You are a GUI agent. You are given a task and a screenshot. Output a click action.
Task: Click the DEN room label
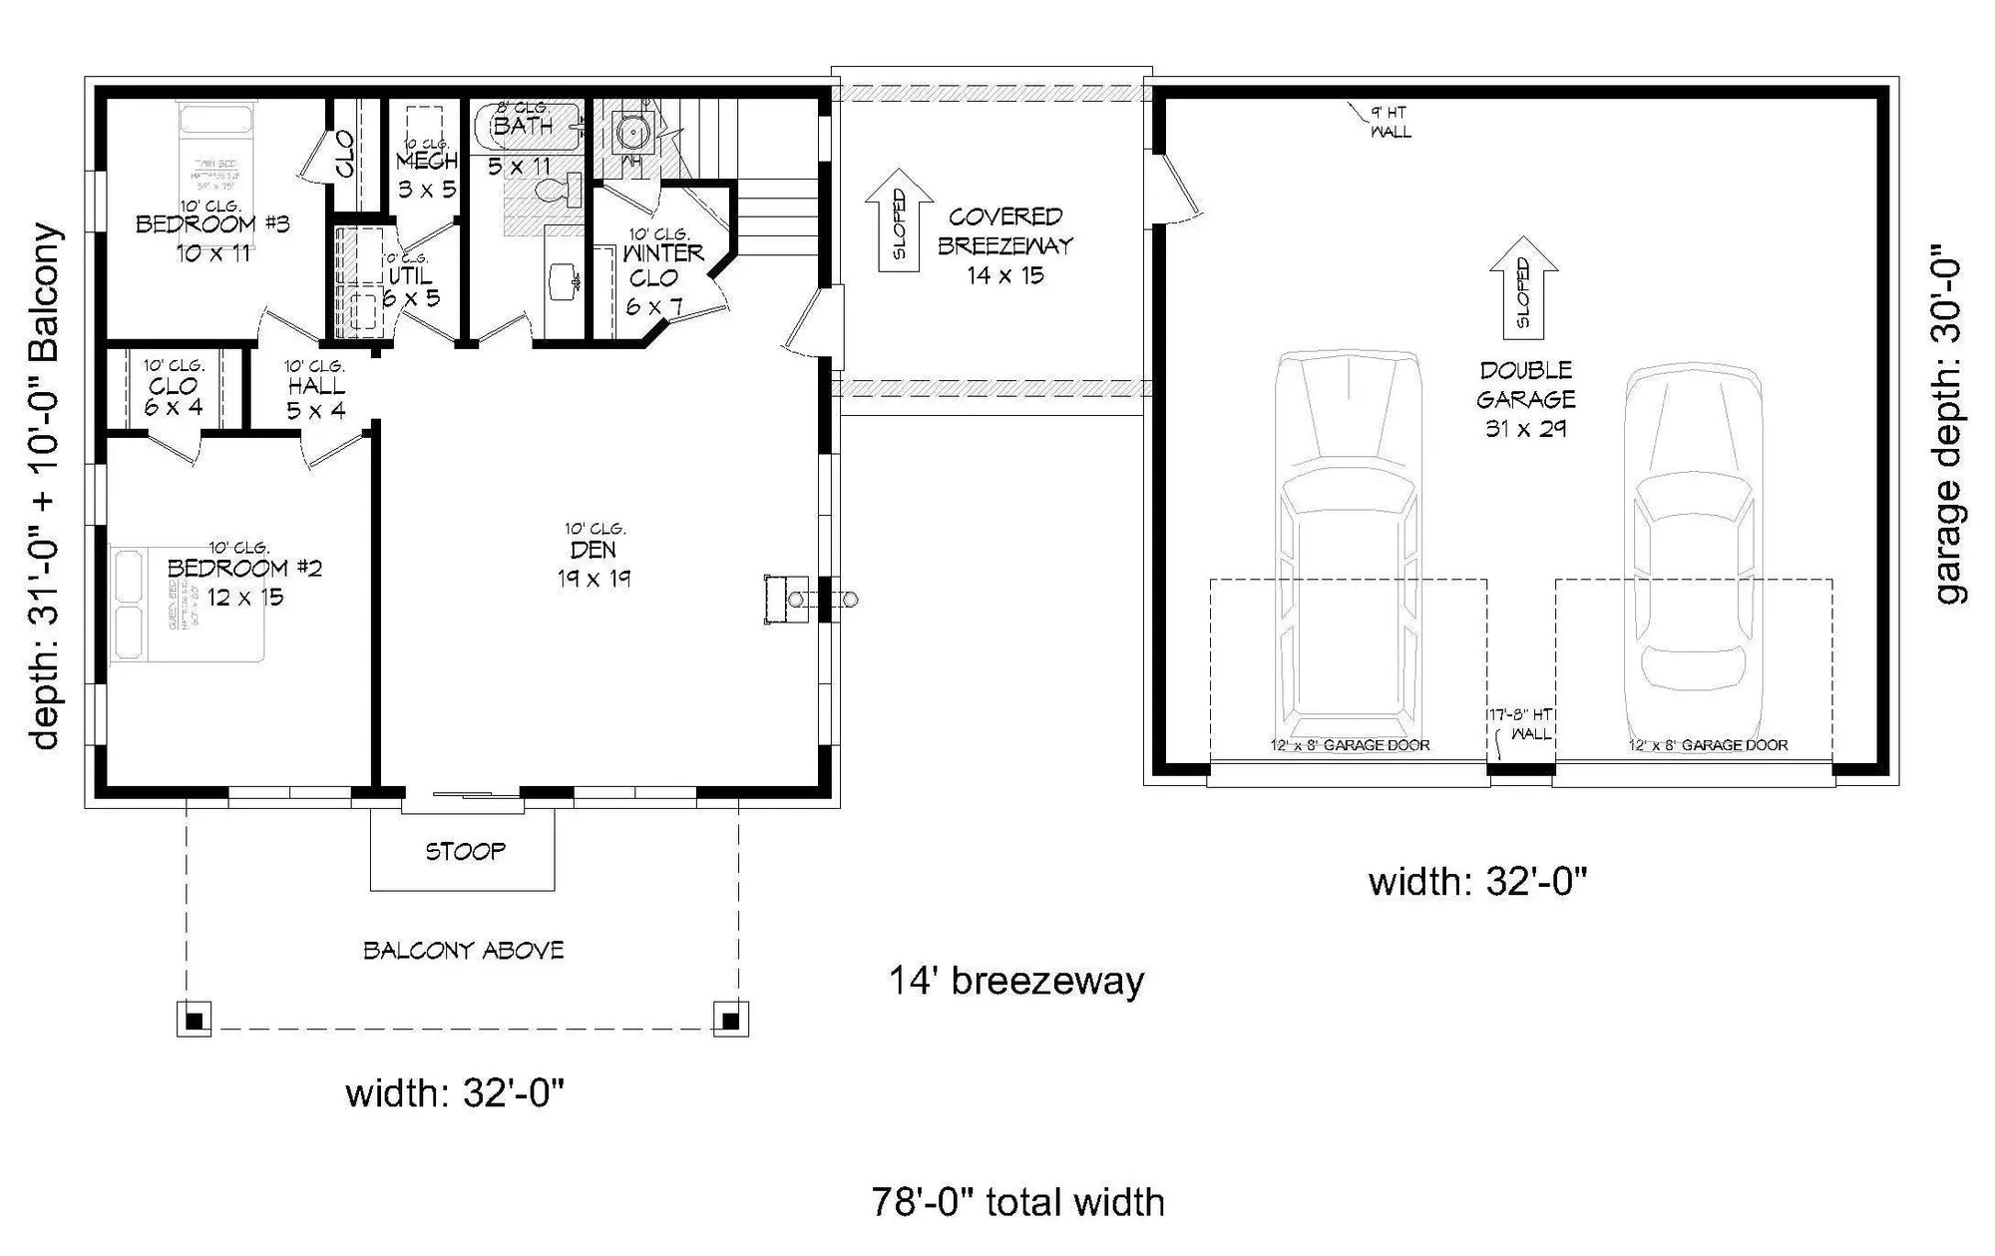[594, 551]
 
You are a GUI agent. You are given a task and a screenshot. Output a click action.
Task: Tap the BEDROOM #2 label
[244, 569]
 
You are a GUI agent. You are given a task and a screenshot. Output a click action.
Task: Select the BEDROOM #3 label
[212, 224]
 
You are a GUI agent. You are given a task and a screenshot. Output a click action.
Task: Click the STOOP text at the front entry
[465, 852]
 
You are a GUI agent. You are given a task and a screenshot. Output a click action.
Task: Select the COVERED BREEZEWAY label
[1005, 231]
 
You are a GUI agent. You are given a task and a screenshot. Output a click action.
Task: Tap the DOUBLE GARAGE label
[1526, 385]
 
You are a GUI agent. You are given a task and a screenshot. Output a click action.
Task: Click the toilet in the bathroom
[559, 190]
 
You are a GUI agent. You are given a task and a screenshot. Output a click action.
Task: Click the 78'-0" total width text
[1017, 1203]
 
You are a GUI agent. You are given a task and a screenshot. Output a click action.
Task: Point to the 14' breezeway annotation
[1016, 982]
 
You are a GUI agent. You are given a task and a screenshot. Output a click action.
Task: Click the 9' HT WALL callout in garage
[1390, 122]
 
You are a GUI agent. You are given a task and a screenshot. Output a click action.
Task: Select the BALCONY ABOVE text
[464, 951]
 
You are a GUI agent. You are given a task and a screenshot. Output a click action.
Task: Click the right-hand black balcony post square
[730, 1020]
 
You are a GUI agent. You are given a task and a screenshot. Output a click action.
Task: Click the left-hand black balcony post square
[195, 1020]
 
